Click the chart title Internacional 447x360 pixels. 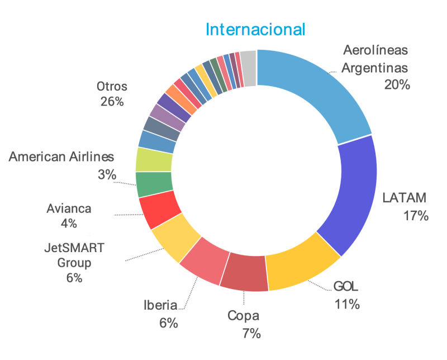[x=255, y=29]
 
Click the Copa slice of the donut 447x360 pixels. [x=245, y=273]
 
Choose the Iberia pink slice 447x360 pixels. [x=201, y=265]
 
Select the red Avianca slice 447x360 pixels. [x=159, y=210]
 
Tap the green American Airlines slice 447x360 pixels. [x=153, y=184]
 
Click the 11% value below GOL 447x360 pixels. [x=346, y=305]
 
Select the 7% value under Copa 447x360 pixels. [x=251, y=334]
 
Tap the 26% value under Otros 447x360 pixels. [x=112, y=102]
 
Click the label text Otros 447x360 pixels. [x=112, y=87]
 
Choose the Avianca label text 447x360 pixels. [x=69, y=209]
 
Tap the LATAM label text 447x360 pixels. [x=405, y=197]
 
